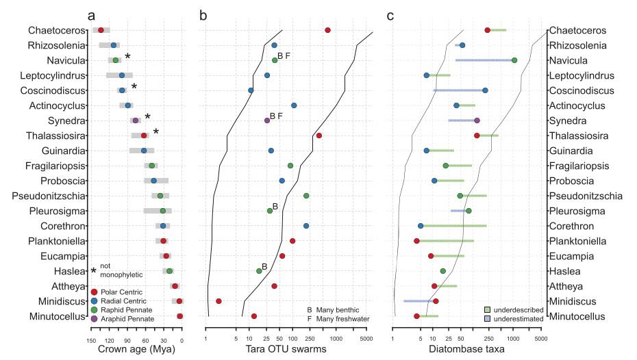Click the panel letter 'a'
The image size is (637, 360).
[91, 14]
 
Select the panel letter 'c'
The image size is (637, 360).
[390, 14]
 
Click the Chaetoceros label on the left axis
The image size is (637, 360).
[57, 30]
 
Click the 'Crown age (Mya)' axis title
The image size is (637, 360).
[136, 349]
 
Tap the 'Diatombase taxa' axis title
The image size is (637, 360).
[466, 349]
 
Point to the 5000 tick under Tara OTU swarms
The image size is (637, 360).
[366, 337]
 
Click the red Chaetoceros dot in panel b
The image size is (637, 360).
[327, 30]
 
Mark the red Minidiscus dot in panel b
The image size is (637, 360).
[218, 301]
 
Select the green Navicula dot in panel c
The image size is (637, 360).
[514, 60]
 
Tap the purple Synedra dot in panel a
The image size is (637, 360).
[136, 120]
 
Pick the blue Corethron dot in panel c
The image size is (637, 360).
[421, 226]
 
